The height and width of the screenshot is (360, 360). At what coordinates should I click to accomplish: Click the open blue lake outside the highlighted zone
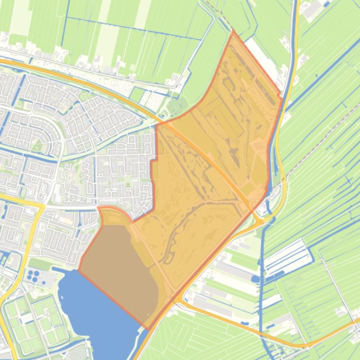pyautogui.click(x=94, y=309)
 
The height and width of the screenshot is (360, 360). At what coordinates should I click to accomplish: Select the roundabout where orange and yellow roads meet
pyautogui.click(x=259, y=221)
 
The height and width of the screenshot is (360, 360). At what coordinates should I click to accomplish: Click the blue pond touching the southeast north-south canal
pyautogui.click(x=255, y=279)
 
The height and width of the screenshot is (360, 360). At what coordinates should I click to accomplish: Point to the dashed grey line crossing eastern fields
pyautogui.click(x=323, y=140)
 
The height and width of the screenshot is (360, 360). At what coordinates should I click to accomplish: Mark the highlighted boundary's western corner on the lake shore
pyautogui.click(x=79, y=270)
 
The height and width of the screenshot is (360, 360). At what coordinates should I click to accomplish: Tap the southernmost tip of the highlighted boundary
pyautogui.click(x=148, y=329)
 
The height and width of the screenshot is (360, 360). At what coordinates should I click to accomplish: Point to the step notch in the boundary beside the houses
pyautogui.click(x=153, y=161)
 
